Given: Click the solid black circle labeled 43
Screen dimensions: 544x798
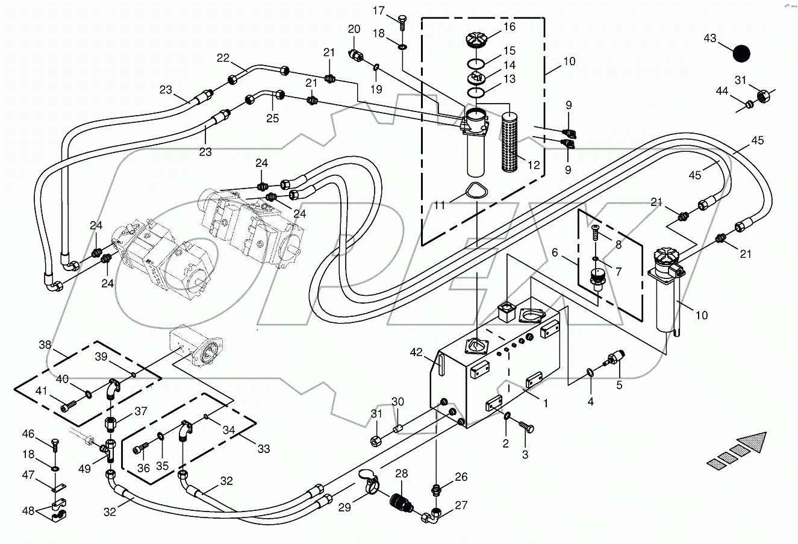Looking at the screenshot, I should pyautogui.click(x=741, y=54).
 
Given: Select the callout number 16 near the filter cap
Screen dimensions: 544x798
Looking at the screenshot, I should pyautogui.click(x=510, y=27).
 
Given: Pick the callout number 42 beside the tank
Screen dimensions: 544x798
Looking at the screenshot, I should pyautogui.click(x=416, y=352).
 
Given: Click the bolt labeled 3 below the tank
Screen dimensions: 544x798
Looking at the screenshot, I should pyautogui.click(x=528, y=427).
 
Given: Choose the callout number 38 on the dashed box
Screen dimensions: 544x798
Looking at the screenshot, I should pyautogui.click(x=45, y=345).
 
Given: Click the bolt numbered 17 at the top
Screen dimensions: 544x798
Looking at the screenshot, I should pyautogui.click(x=401, y=19).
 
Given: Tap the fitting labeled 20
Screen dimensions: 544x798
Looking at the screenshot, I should pyautogui.click(x=357, y=55).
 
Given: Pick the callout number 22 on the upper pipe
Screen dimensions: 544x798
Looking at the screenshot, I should pyautogui.click(x=223, y=58).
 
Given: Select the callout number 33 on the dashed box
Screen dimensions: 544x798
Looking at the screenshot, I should pyautogui.click(x=263, y=449).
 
